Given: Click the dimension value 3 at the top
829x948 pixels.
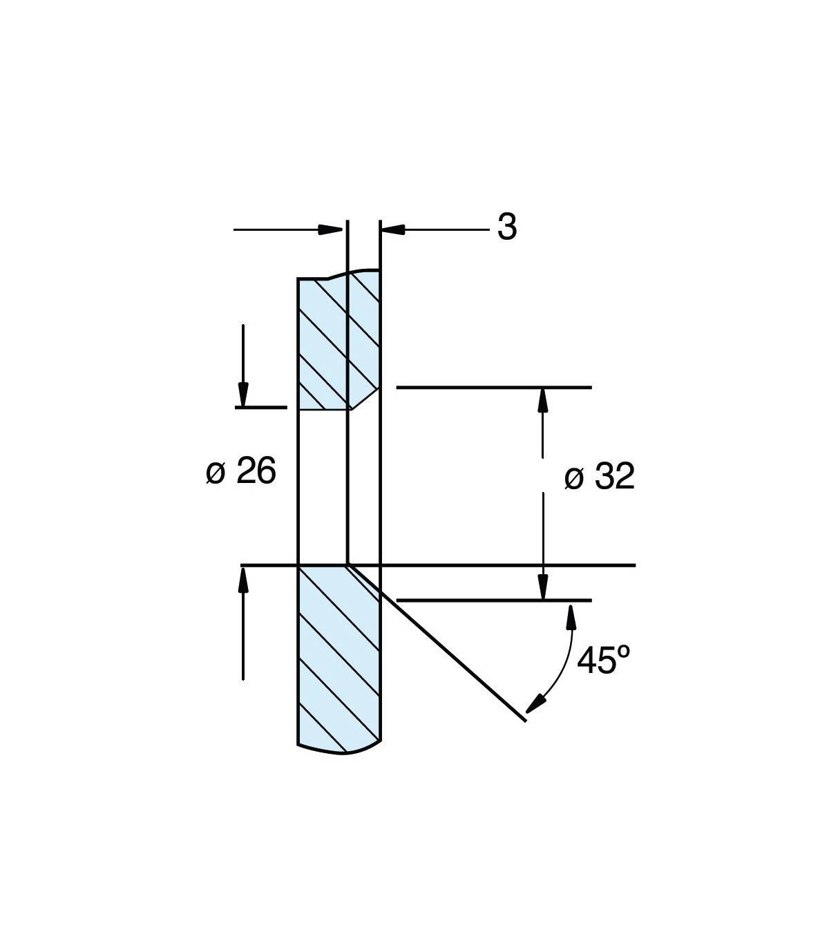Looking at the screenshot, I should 507,227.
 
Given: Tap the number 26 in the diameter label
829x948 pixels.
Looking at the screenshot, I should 256,472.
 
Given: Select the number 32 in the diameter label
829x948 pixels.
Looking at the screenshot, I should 614,477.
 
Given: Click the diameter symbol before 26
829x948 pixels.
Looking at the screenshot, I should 216,473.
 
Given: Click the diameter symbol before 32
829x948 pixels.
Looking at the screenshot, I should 574,478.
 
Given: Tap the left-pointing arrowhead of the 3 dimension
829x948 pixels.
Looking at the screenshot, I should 392,229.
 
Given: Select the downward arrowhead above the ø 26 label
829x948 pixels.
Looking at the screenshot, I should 242,395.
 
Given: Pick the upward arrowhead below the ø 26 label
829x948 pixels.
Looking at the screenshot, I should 242,579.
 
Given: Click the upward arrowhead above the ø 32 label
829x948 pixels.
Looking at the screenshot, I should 543,400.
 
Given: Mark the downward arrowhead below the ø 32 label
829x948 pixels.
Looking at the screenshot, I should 543,587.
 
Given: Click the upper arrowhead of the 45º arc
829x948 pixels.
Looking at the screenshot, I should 571,615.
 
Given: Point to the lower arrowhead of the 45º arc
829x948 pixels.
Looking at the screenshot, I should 533,705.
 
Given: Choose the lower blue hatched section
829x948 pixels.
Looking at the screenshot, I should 339,656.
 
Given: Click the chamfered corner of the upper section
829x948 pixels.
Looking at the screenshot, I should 365,399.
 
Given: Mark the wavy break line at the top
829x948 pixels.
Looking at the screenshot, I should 339,274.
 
